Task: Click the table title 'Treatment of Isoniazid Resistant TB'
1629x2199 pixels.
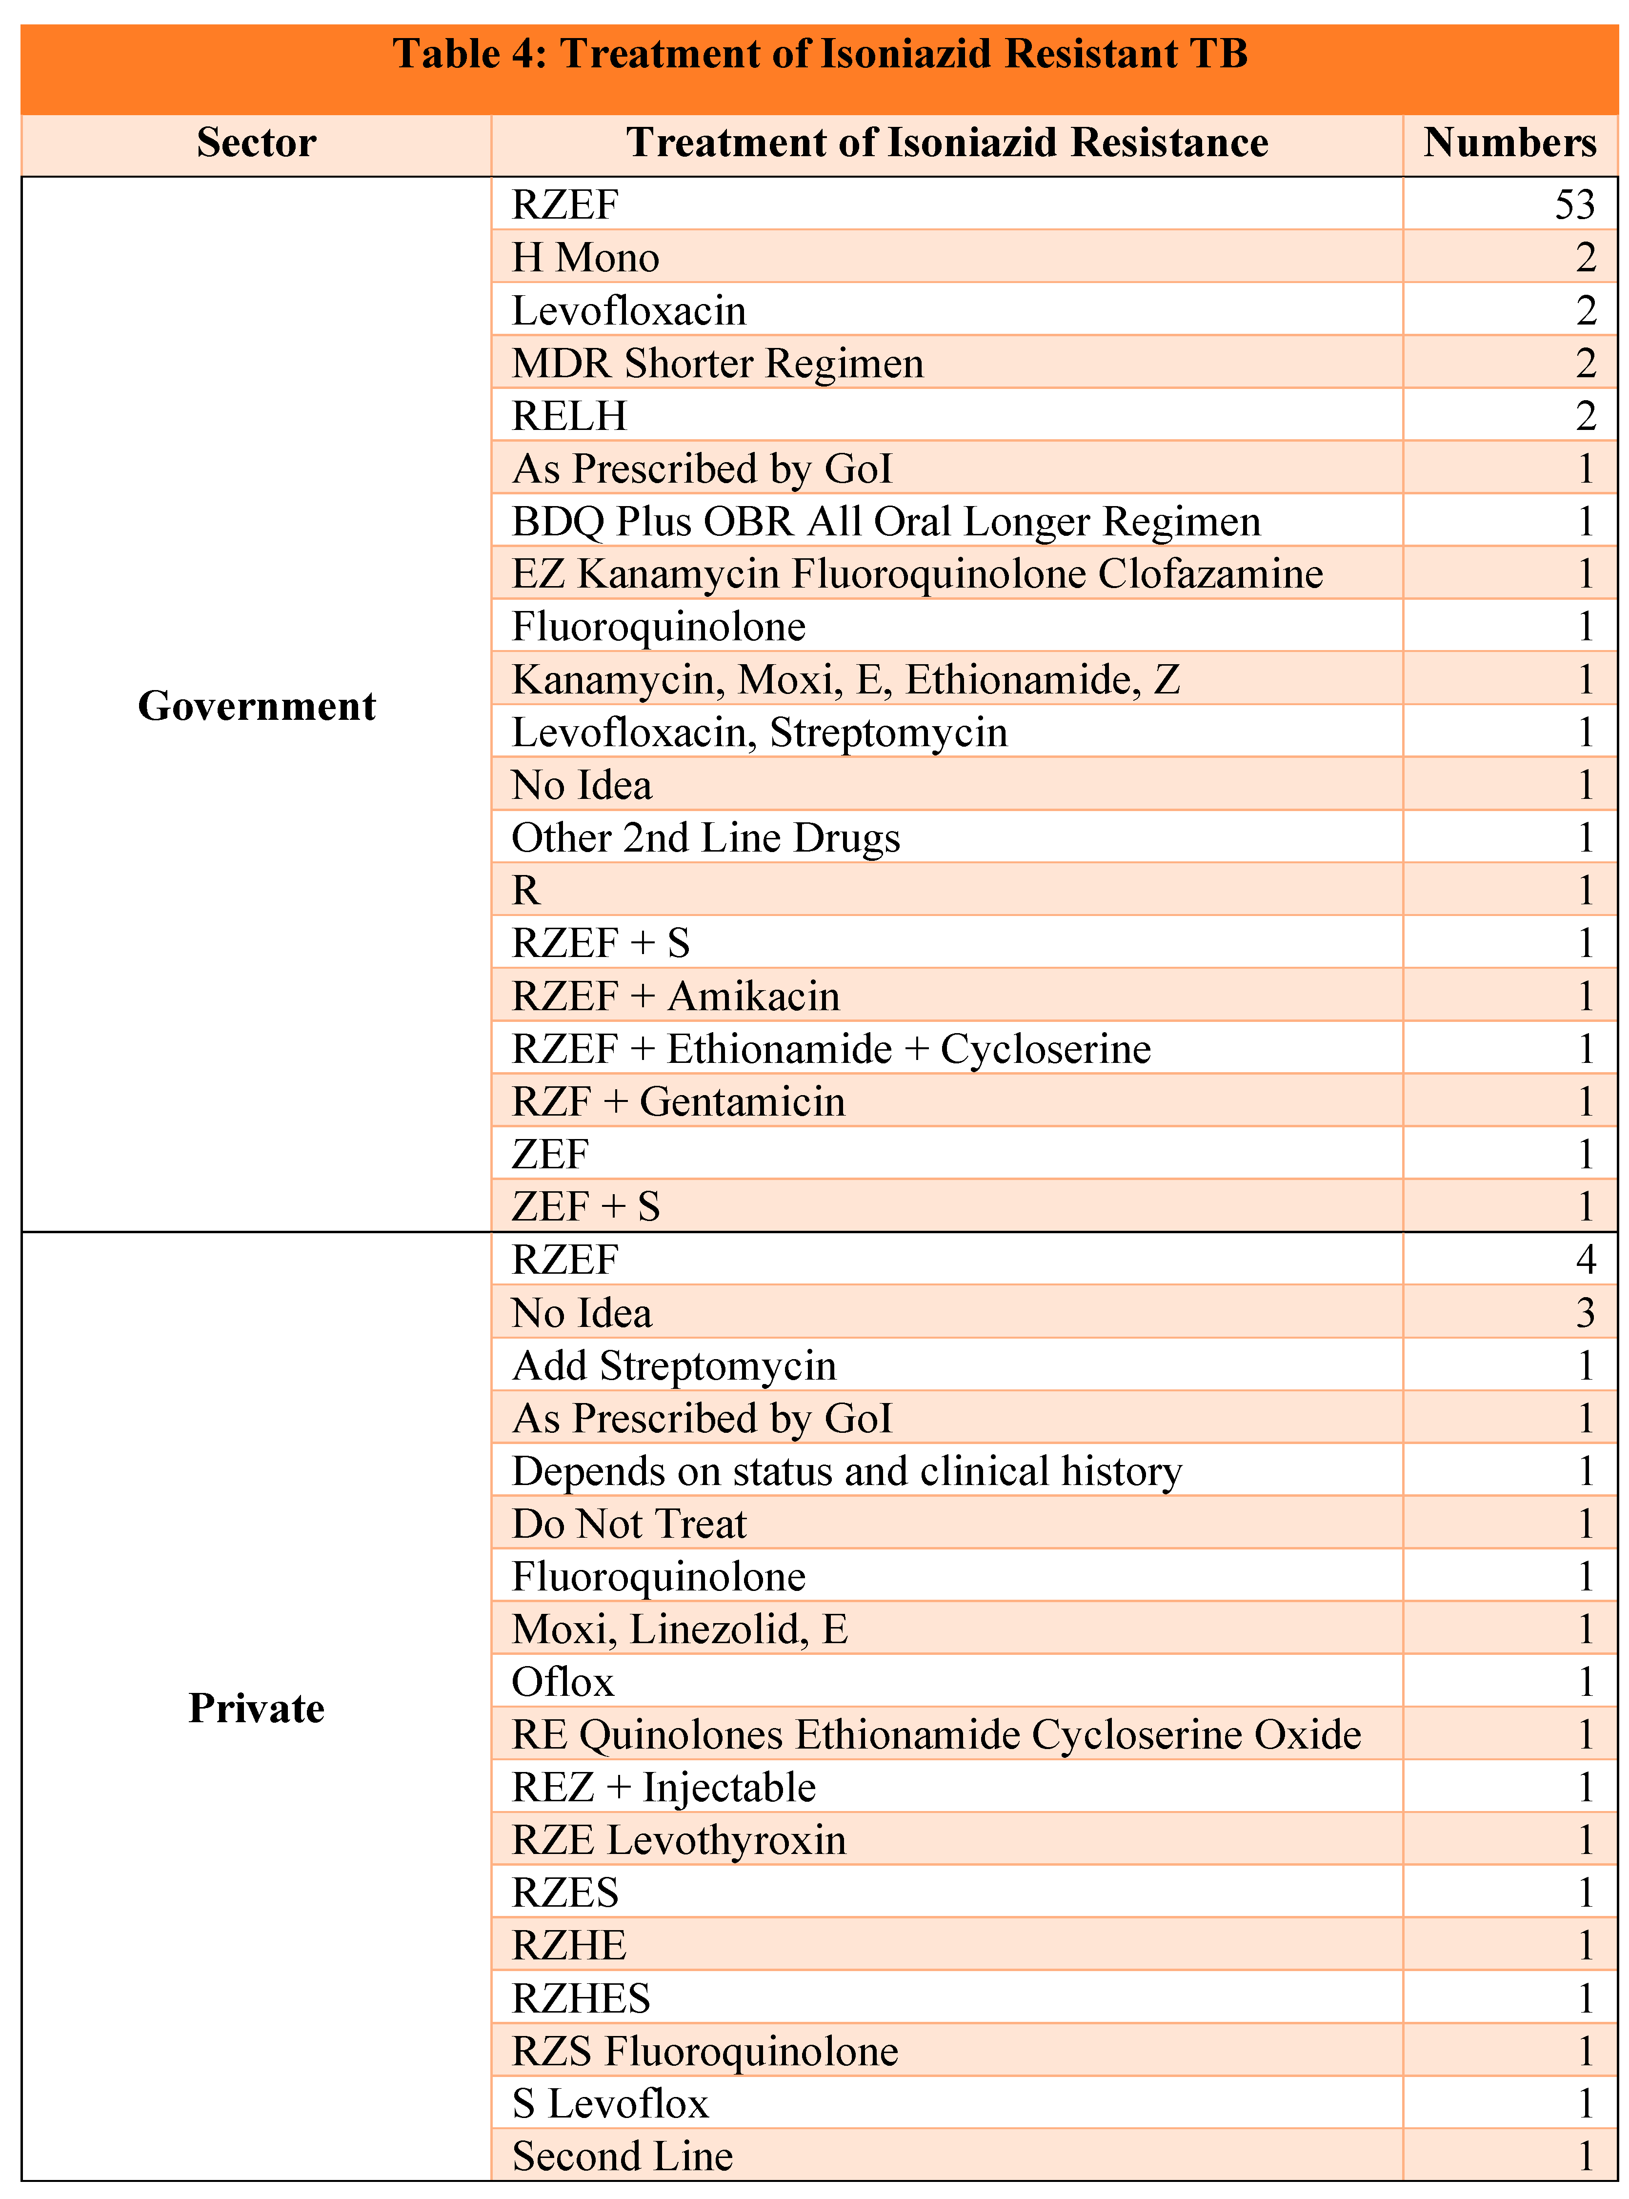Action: click(821, 54)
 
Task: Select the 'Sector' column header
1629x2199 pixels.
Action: click(257, 143)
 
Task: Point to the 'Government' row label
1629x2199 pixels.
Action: click(257, 706)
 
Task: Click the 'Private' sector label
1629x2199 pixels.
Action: click(257, 1708)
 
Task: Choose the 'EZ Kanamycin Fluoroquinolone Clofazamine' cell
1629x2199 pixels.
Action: click(917, 574)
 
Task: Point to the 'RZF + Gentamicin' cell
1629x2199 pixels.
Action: click(679, 1101)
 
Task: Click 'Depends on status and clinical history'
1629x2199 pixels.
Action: click(846, 1471)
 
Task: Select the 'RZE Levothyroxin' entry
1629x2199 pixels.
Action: click(679, 1840)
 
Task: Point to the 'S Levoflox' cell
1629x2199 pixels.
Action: click(610, 2103)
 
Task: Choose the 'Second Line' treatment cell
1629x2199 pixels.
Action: click(622, 2157)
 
